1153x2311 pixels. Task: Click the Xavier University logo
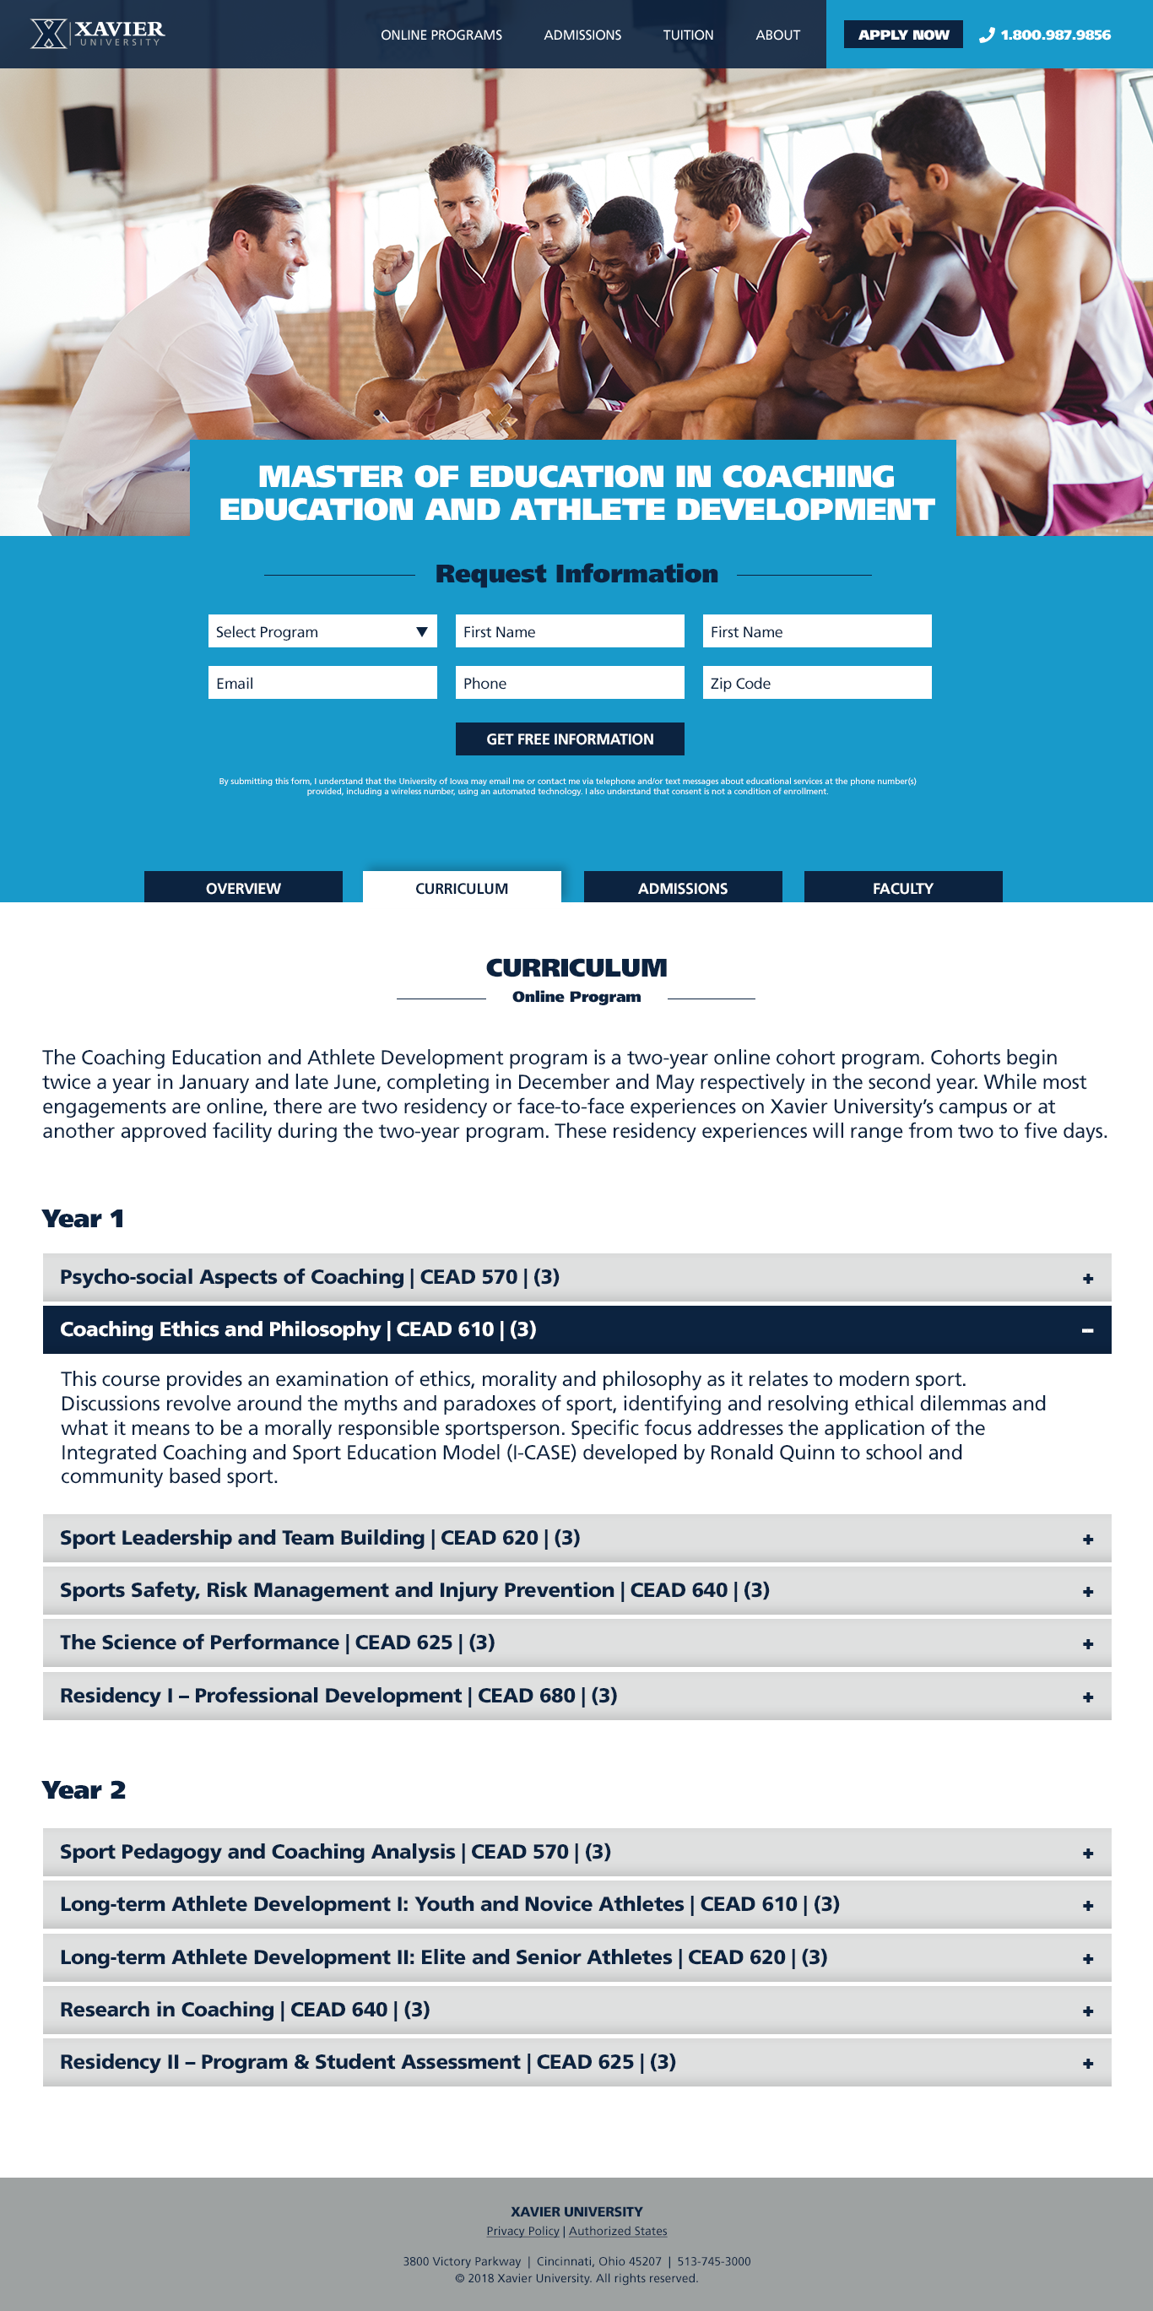tap(97, 34)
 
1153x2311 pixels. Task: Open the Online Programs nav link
tap(441, 35)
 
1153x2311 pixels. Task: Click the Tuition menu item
tap(687, 35)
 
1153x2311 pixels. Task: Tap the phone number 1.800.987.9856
tap(1053, 35)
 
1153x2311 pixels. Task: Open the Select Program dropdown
tap(322, 631)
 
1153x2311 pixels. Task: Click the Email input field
tap(322, 683)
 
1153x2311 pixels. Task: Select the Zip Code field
tap(816, 683)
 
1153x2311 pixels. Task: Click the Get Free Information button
tap(570, 739)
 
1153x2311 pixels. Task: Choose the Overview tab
tap(243, 888)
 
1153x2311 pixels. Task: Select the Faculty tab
tap(902, 888)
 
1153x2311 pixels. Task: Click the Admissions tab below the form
tap(683, 888)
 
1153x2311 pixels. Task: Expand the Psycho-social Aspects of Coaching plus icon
tap(1087, 1279)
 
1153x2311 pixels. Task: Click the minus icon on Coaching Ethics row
tap(1087, 1330)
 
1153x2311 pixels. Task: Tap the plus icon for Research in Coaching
tap(1087, 2011)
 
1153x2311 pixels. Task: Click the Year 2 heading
tap(84, 1789)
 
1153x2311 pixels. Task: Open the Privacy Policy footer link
tap(522, 2231)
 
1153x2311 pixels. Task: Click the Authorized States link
tap(618, 2231)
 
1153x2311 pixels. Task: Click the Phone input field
tap(570, 683)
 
